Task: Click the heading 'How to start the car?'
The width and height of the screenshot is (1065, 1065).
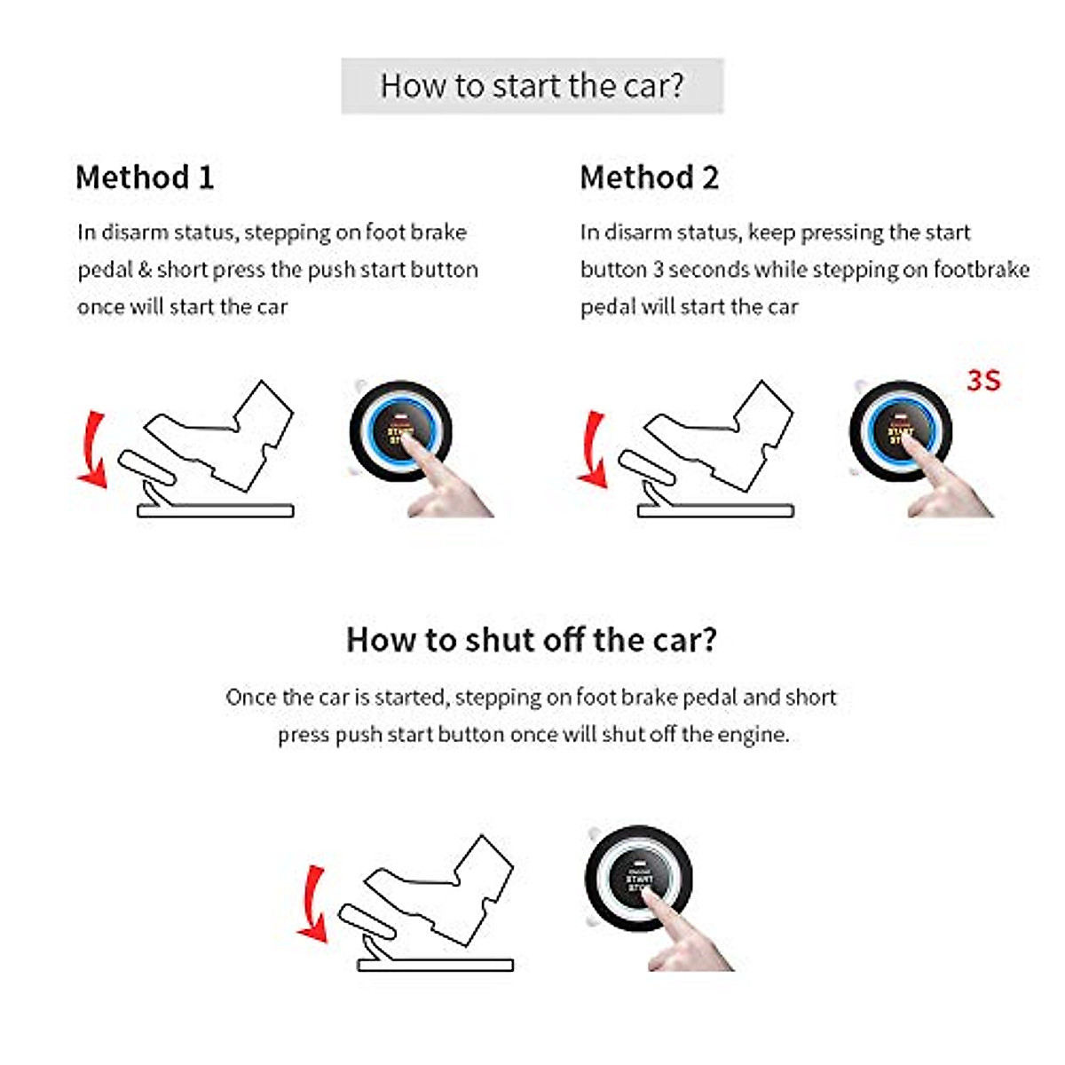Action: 532,86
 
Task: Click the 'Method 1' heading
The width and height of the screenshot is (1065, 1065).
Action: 145,177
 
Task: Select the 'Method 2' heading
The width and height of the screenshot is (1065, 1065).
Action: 649,177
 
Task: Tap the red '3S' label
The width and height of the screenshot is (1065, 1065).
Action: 983,381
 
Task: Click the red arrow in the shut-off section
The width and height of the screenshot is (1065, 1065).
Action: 312,903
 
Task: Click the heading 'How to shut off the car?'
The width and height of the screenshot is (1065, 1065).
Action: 532,640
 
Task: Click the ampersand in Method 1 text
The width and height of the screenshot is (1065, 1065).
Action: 146,270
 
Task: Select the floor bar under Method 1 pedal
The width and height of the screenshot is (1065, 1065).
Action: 216,511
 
